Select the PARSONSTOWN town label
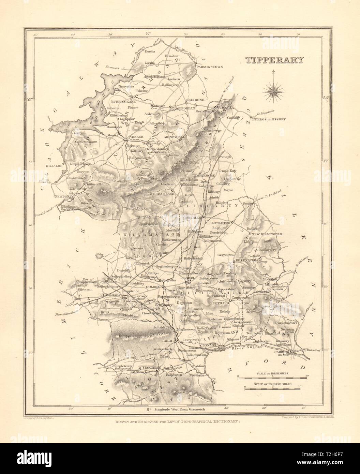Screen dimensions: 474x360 (209, 67)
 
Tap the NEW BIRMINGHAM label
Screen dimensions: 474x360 (268, 234)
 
